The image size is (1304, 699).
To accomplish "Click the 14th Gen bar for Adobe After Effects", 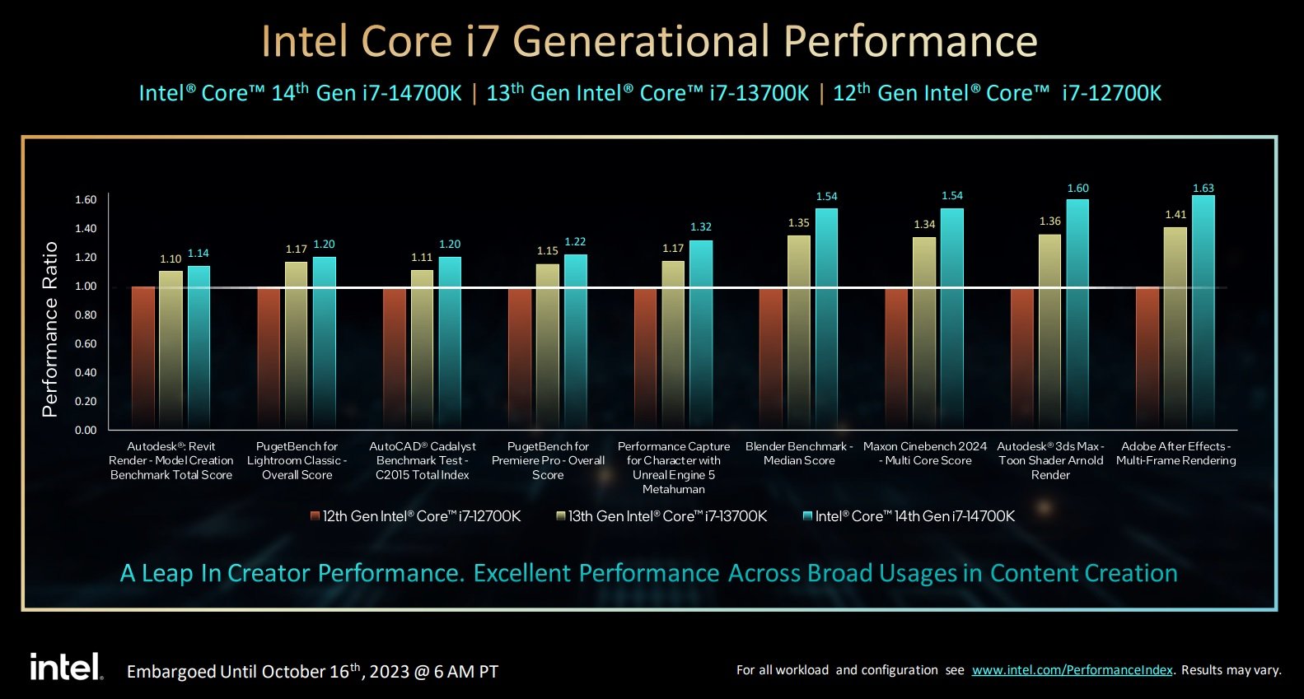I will point(1203,313).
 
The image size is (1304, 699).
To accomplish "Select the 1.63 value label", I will point(1204,189).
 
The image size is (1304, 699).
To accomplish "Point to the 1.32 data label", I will point(701,227).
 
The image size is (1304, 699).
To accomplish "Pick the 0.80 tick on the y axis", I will point(86,315).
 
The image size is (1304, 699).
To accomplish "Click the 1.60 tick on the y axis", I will point(86,200).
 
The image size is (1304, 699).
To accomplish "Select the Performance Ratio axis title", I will point(50,329).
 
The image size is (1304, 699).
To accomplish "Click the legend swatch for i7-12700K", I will point(315,516).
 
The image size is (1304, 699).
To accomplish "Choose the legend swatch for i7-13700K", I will point(560,516).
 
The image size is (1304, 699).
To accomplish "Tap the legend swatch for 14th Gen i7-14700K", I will point(807,516).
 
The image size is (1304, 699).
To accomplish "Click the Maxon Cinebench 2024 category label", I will point(925,454).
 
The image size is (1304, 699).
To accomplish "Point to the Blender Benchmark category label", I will point(799,454).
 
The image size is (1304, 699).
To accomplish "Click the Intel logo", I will point(66,667).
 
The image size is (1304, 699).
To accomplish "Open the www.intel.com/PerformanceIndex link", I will point(1072,670).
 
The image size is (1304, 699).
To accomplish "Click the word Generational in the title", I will point(642,41).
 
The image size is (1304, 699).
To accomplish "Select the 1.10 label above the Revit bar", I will point(171,259).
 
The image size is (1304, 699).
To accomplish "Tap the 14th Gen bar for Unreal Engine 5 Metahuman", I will point(701,334).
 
